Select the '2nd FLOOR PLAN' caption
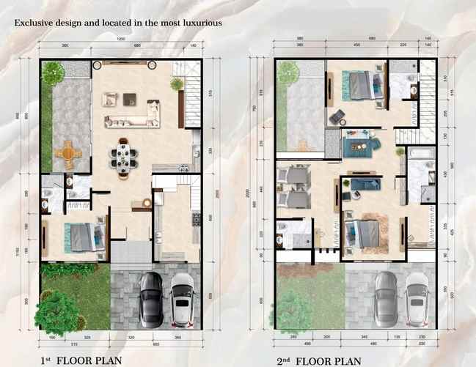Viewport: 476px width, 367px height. click(318, 360)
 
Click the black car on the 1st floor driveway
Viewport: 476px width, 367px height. click(151, 298)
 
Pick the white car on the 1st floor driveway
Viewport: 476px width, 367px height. click(182, 300)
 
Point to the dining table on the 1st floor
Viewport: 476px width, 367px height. click(124, 158)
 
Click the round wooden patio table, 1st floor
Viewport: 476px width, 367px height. click(67, 152)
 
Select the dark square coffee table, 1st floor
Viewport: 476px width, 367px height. click(131, 98)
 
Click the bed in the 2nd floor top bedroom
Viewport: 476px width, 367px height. click(359, 85)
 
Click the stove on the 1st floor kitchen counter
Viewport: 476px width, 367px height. click(196, 218)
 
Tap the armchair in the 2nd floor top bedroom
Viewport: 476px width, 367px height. click(338, 115)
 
